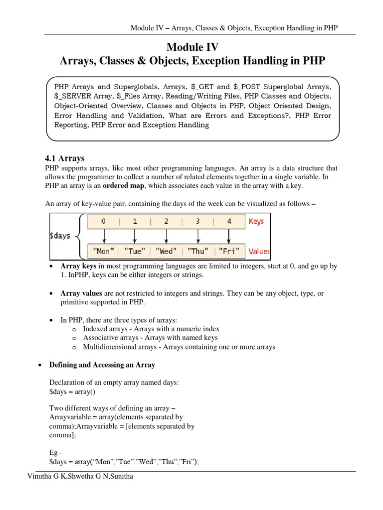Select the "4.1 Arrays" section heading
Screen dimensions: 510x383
click(x=65, y=158)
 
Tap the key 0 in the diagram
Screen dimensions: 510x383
click(x=103, y=221)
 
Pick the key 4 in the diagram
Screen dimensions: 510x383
click(x=229, y=221)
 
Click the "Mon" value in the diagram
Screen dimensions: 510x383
click(x=104, y=251)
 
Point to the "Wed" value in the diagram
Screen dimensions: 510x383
click(x=166, y=251)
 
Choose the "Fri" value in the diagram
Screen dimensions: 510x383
click(x=229, y=251)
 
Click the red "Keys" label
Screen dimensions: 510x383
click(x=256, y=221)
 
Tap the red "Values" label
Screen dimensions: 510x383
click(x=259, y=251)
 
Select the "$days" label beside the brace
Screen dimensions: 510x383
click(x=60, y=236)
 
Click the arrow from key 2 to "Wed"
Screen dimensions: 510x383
click(x=167, y=236)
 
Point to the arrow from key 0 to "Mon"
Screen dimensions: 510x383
click(x=104, y=236)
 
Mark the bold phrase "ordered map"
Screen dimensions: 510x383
click(x=124, y=186)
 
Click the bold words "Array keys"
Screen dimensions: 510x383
click(x=78, y=267)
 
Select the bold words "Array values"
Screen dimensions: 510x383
click(x=80, y=294)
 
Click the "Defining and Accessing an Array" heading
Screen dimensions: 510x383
click(x=102, y=365)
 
